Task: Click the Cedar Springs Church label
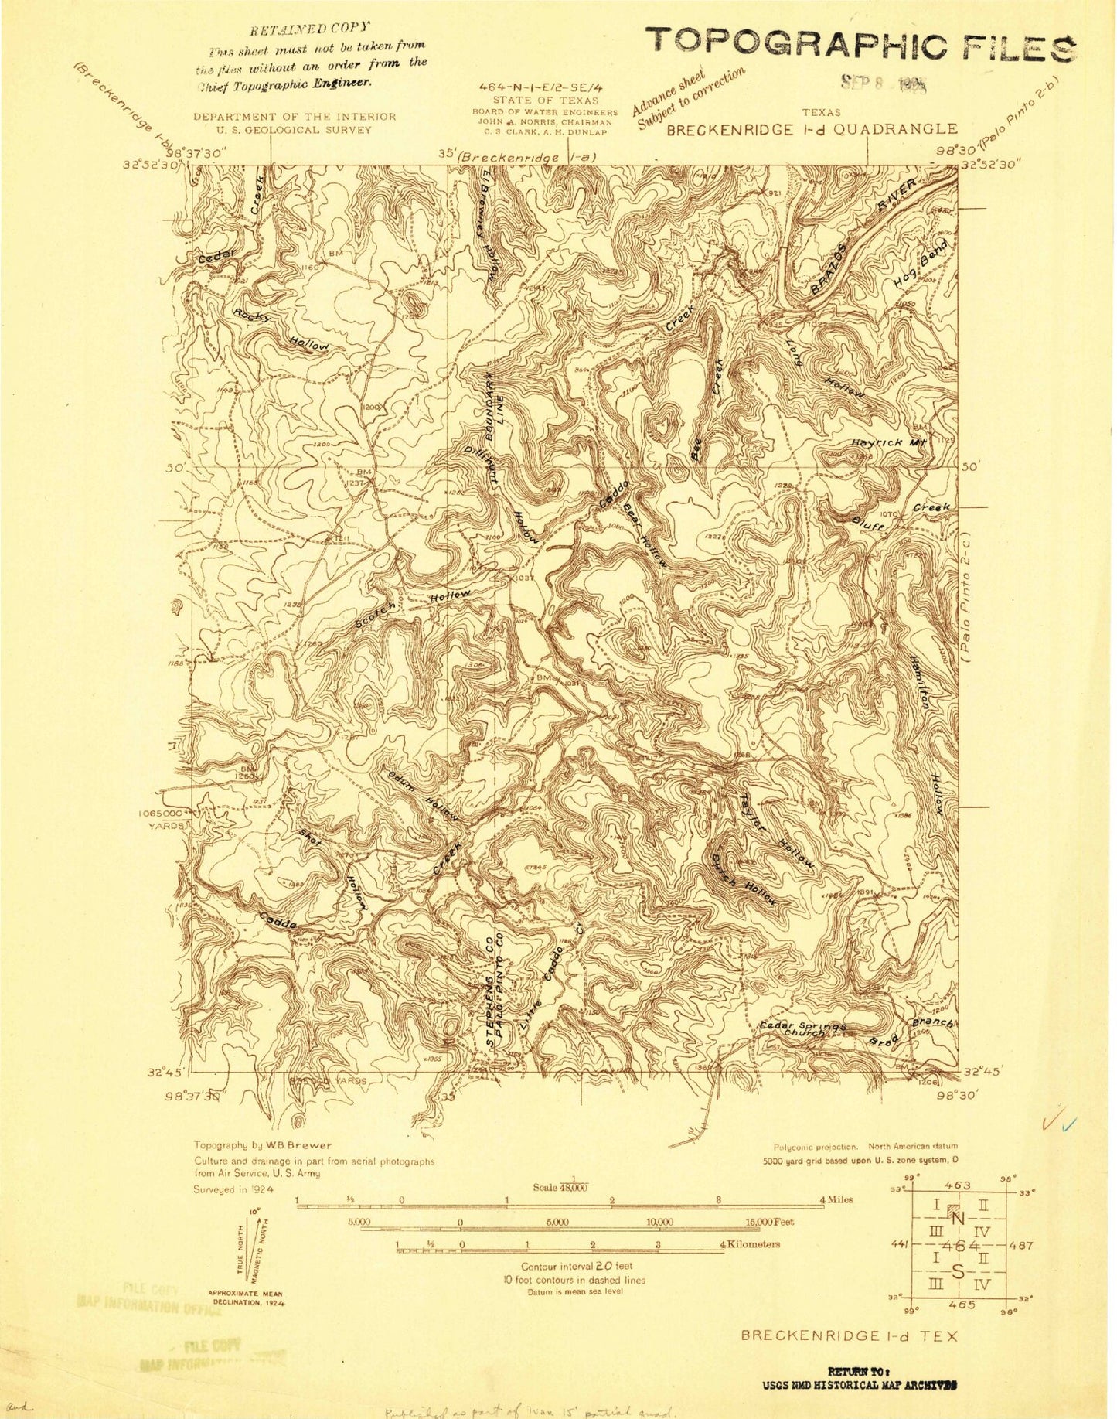click(802, 1028)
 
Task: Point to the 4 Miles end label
click(836, 1199)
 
